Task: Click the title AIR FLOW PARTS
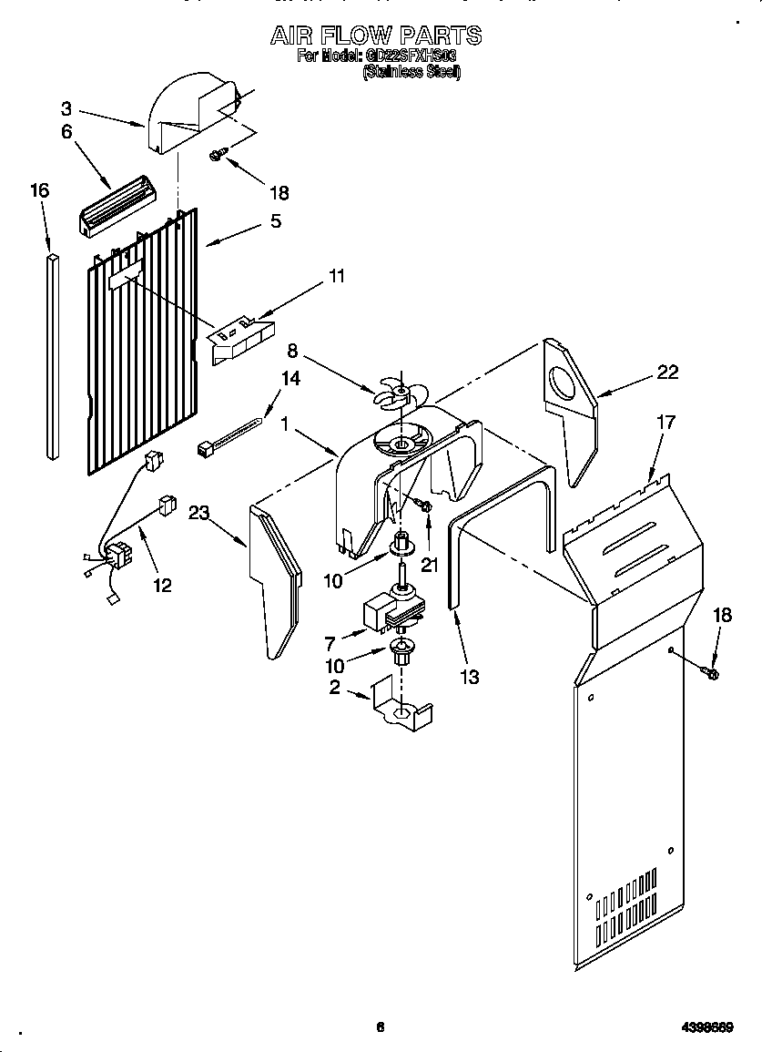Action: click(x=376, y=36)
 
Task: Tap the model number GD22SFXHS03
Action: click(x=411, y=57)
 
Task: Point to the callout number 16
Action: click(x=39, y=190)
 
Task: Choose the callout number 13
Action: click(x=470, y=677)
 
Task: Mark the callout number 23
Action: click(x=199, y=514)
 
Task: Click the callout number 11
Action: click(x=336, y=276)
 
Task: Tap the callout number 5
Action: click(x=274, y=220)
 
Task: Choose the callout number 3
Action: click(x=66, y=107)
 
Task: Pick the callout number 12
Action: click(x=161, y=586)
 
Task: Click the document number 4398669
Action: click(x=707, y=1027)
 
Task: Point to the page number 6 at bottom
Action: click(x=381, y=1027)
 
